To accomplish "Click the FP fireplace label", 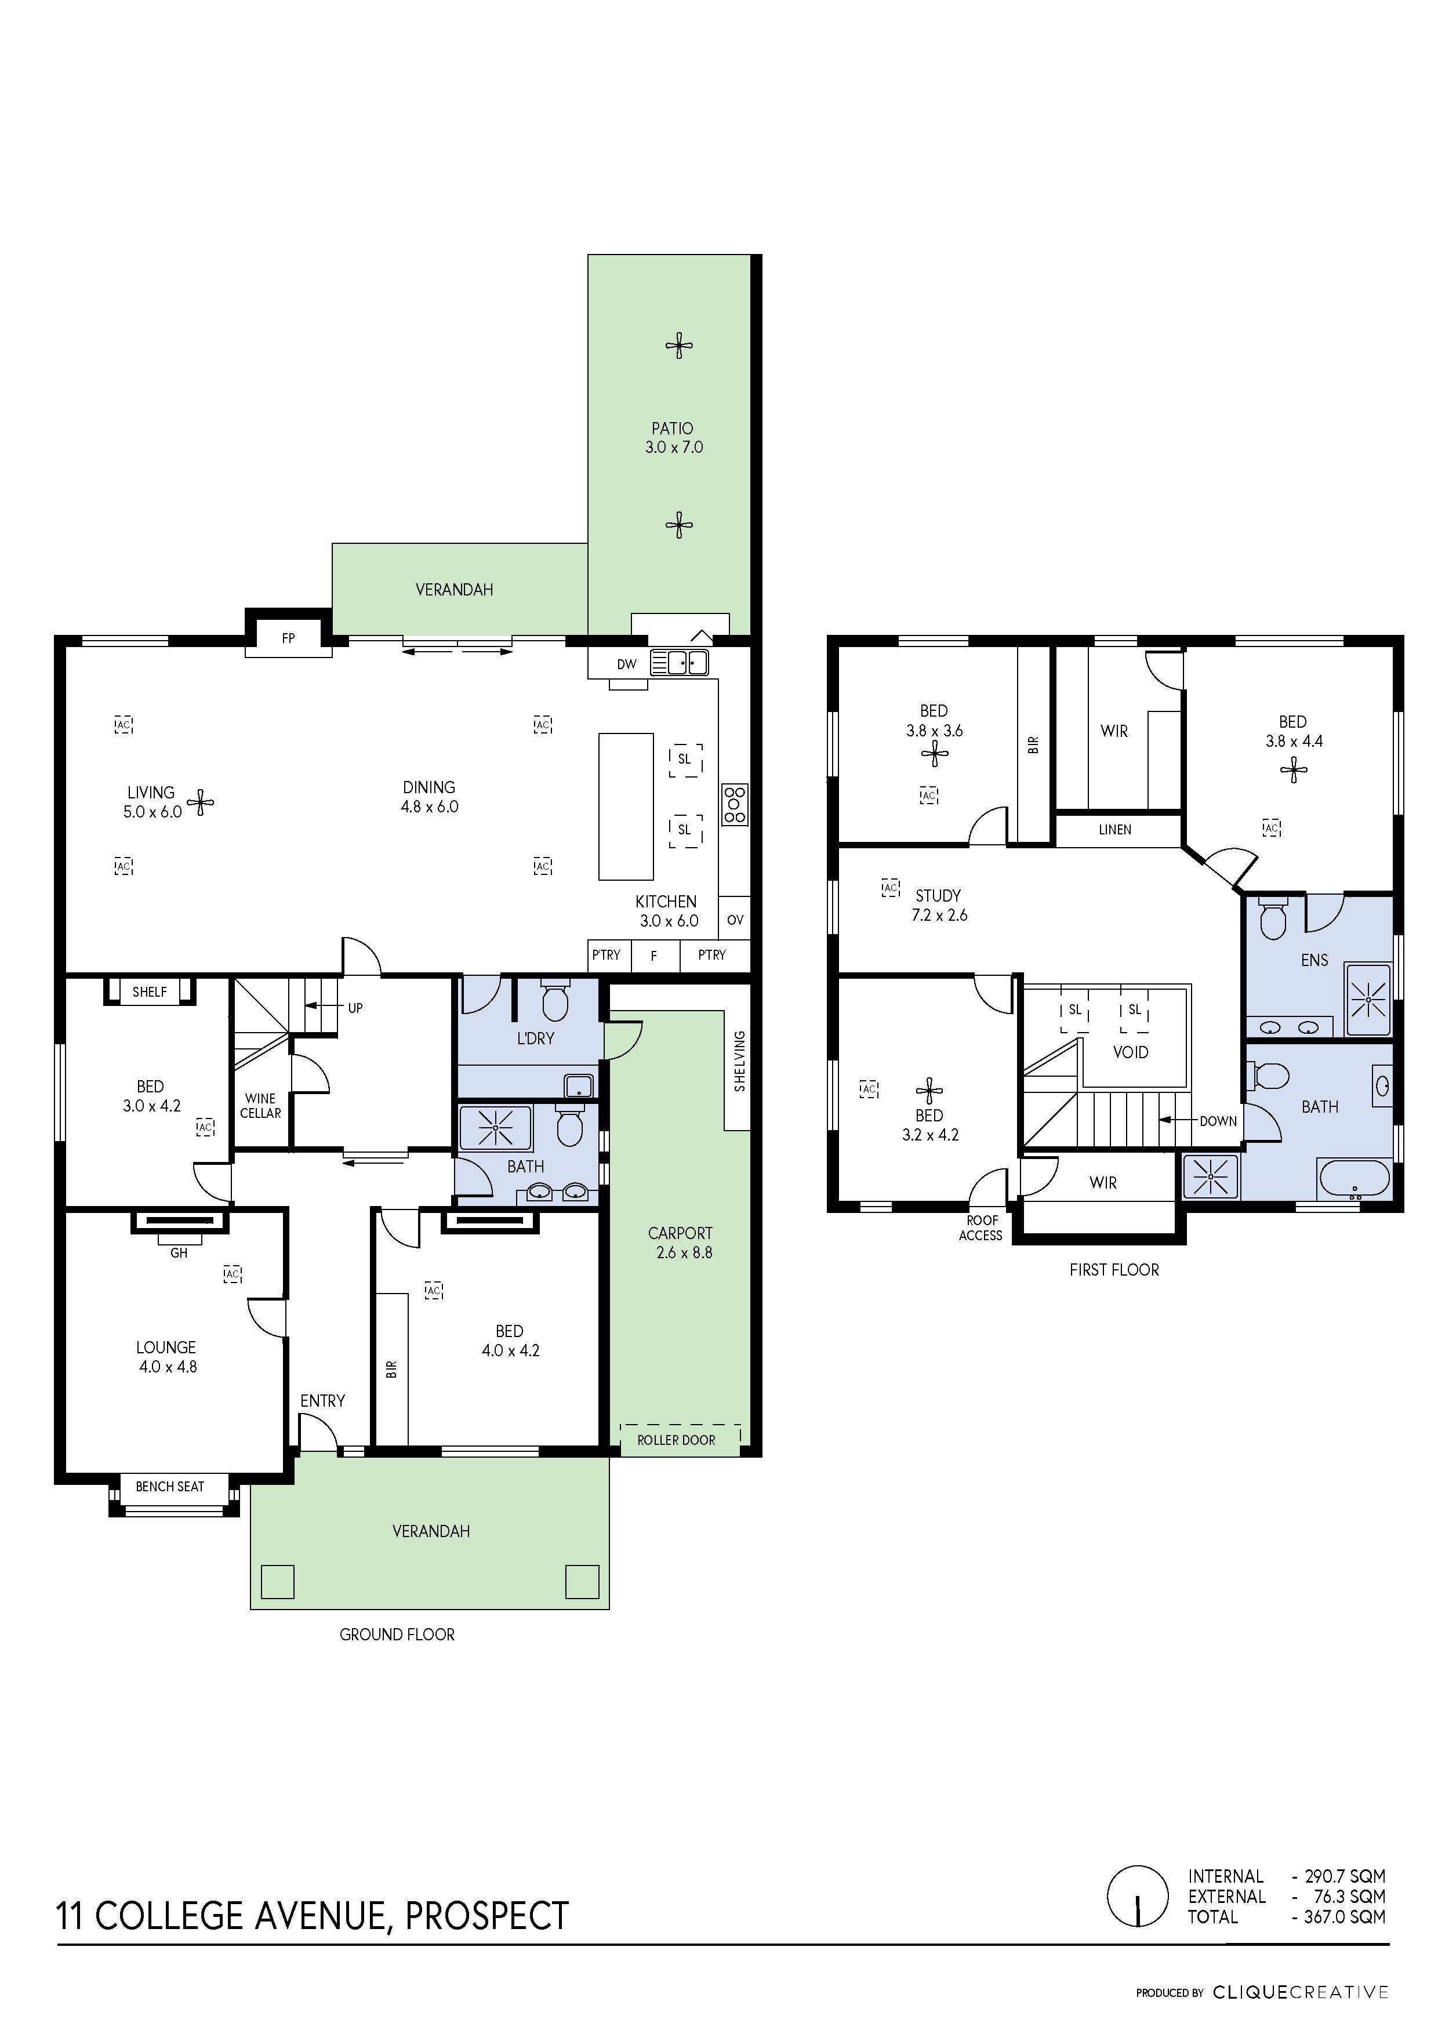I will click(288, 638).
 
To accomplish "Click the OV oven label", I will click(735, 920).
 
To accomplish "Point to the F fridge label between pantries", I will click(654, 956).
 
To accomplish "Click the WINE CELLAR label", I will click(260, 1106).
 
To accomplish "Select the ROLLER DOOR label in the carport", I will click(676, 1440).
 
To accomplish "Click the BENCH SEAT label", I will click(170, 1487).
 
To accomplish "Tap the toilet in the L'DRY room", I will click(555, 1002).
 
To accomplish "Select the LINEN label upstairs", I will click(1114, 830).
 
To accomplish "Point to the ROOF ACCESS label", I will click(981, 1228).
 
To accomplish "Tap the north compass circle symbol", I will click(1138, 1896).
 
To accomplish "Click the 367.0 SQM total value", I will click(1343, 1916).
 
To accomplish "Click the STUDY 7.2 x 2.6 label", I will click(938, 905).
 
